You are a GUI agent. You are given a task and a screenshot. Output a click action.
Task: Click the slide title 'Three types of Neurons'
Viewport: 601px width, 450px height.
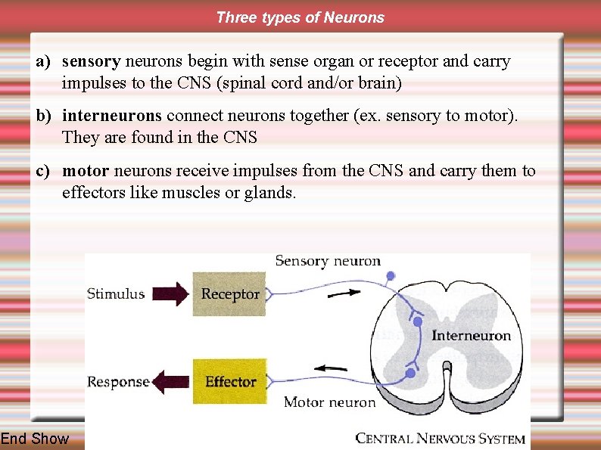pos(300,17)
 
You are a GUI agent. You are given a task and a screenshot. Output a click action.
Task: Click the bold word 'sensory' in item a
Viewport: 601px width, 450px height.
pos(91,61)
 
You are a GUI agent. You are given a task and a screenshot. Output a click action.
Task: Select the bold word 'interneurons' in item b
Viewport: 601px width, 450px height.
pos(112,116)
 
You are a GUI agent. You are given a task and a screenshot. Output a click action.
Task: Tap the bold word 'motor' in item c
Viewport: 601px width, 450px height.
pos(85,171)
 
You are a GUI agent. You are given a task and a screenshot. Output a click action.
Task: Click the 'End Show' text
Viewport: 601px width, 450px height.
pos(35,439)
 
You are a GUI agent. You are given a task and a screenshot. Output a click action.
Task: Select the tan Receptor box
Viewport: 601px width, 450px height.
pos(230,293)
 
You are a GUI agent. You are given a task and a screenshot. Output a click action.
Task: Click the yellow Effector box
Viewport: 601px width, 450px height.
pos(230,381)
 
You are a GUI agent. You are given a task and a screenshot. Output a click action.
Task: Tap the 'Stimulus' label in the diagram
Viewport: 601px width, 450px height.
pos(116,293)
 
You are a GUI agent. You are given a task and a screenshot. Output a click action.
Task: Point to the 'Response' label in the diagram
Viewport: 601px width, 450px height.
pos(118,381)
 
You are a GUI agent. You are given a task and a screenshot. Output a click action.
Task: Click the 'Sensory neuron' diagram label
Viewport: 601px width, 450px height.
pos(328,261)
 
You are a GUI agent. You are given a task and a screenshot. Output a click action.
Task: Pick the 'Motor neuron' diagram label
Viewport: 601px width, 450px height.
pos(329,402)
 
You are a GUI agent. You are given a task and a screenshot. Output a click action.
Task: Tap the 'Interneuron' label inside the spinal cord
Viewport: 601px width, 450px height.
pos(471,335)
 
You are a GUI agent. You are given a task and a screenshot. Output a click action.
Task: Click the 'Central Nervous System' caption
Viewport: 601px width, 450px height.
pos(440,438)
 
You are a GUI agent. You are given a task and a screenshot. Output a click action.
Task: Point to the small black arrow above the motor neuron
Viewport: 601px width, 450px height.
pos(331,368)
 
